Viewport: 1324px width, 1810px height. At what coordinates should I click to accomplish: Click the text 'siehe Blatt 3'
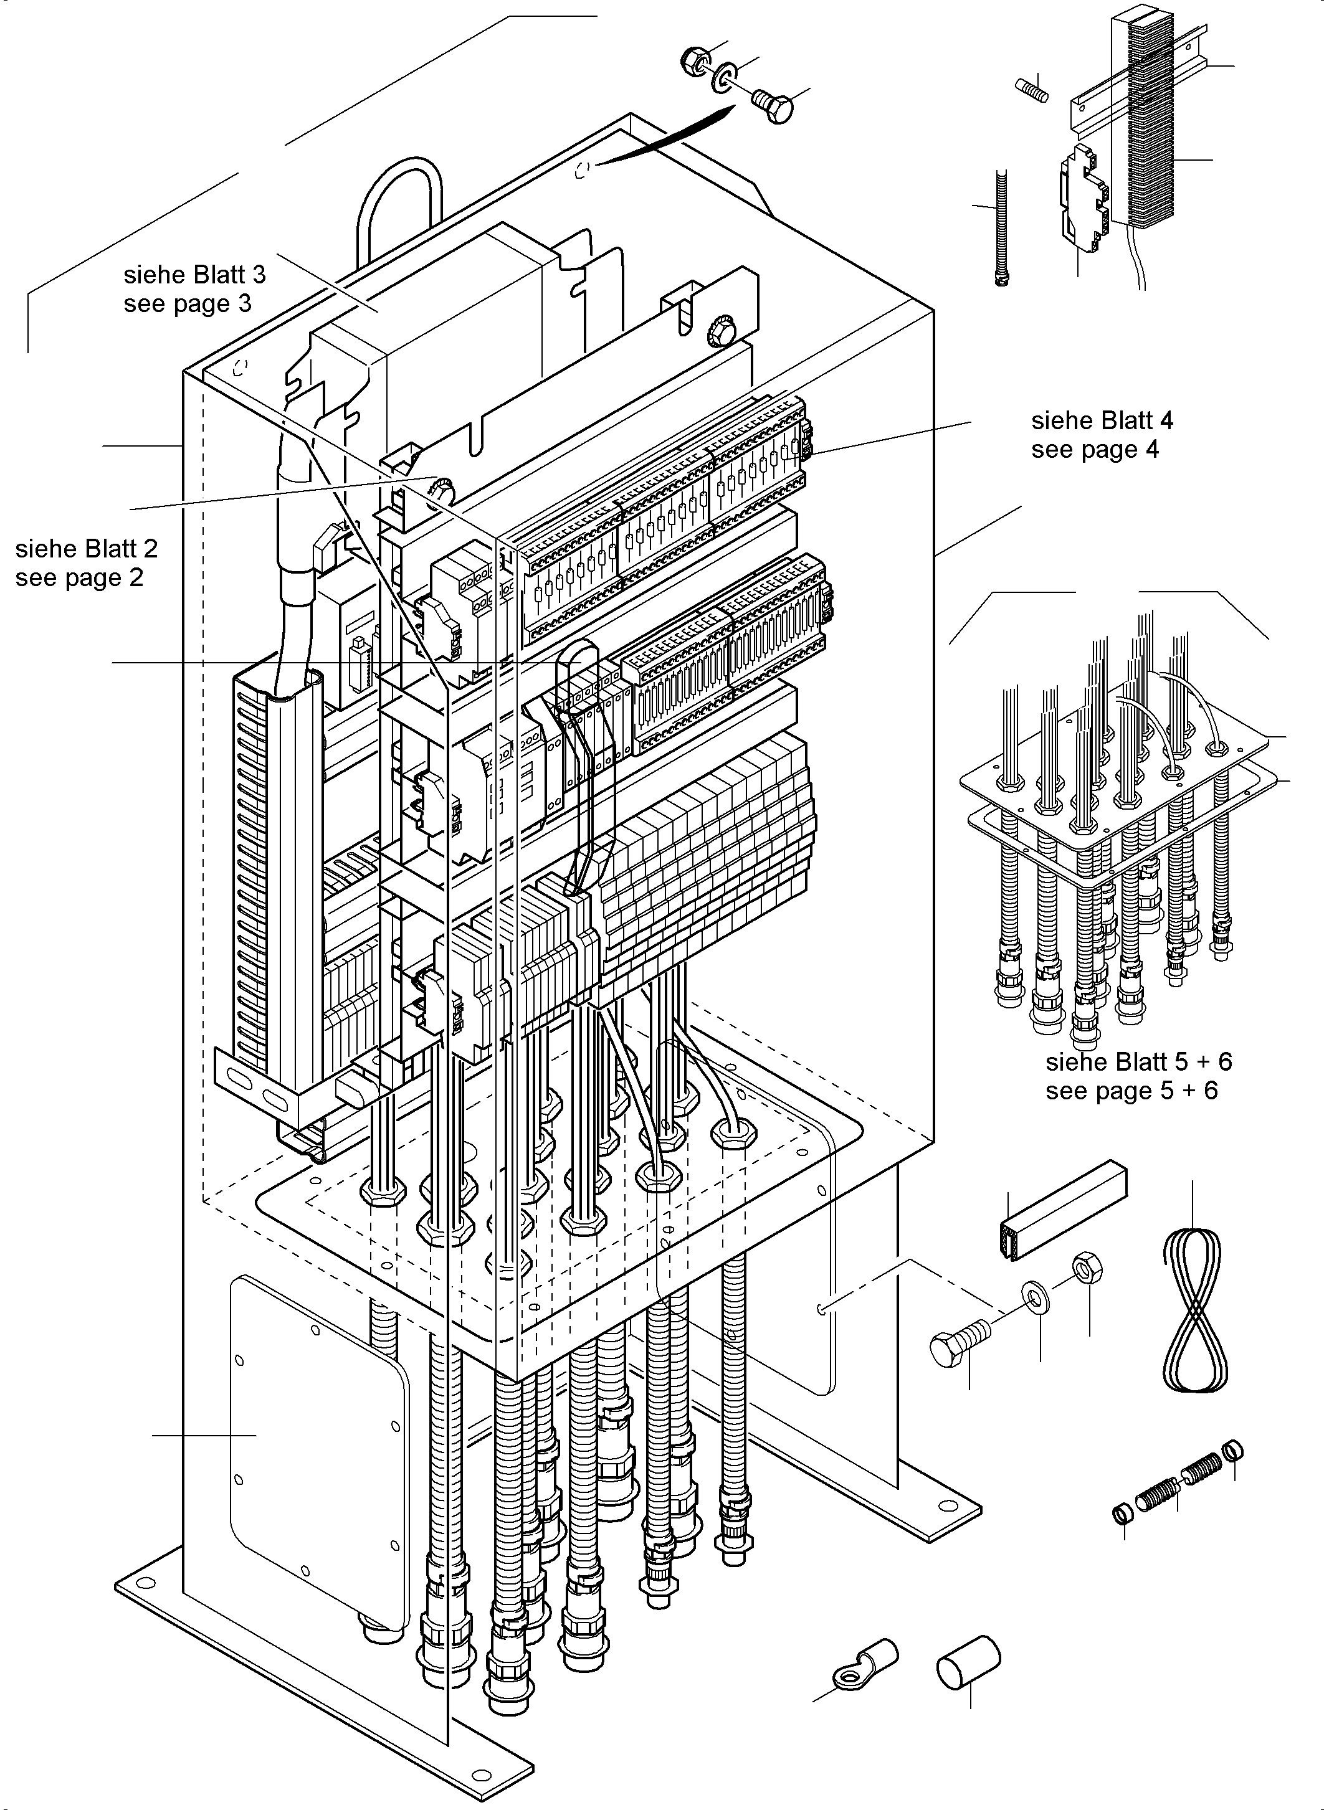(195, 275)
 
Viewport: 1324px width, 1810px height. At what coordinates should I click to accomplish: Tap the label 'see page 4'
(1095, 450)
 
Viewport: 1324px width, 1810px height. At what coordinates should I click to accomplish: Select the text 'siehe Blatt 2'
(87, 549)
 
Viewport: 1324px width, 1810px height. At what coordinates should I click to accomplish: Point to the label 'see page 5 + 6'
(1131, 1090)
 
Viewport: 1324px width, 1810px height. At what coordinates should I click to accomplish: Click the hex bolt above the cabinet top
(773, 106)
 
